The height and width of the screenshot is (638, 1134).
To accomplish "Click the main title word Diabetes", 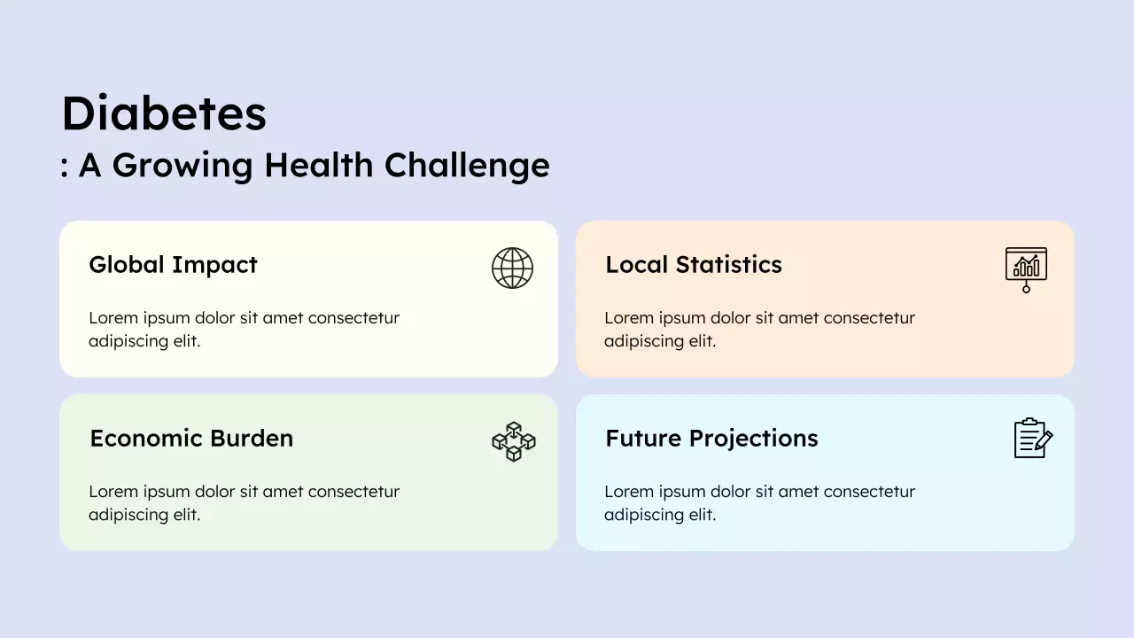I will coord(164,113).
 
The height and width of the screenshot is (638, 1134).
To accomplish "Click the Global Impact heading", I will coord(173,264).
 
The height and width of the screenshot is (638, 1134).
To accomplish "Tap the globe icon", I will coord(512,268).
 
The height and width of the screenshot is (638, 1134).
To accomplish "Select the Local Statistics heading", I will coord(693,264).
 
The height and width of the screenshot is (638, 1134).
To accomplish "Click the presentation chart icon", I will coord(1026,268).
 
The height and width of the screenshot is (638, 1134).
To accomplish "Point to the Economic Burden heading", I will coord(191,438).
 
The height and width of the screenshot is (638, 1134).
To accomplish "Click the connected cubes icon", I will coord(513,441).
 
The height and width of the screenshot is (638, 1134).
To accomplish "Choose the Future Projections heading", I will coord(711,438).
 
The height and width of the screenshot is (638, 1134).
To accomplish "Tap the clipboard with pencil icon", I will coord(1032,439).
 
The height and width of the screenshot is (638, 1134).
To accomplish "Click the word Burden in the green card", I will coord(252,438).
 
